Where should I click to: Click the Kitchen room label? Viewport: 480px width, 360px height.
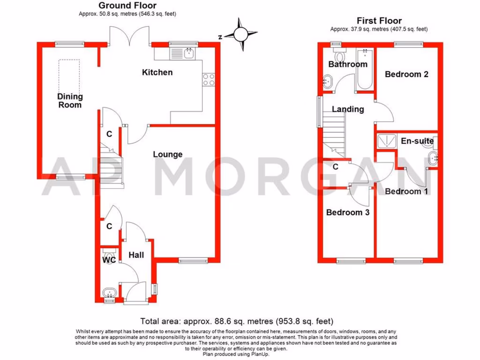[x=157, y=72]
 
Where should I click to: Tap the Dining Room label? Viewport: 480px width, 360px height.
[x=70, y=101]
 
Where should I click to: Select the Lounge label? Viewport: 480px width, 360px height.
[x=167, y=154]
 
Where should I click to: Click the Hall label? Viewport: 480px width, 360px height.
[x=136, y=255]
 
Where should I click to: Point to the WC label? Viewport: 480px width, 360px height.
[x=109, y=260]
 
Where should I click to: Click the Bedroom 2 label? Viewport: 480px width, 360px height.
[x=406, y=74]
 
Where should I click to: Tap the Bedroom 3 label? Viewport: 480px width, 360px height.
[x=348, y=212]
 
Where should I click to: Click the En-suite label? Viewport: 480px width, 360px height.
[x=417, y=141]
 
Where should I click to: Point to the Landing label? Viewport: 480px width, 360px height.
[x=348, y=109]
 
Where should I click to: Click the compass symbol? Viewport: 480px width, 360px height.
[x=240, y=34]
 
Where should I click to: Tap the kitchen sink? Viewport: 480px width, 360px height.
[x=189, y=53]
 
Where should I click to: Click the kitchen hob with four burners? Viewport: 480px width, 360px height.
[x=209, y=80]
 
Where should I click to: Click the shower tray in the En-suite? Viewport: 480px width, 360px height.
[x=386, y=140]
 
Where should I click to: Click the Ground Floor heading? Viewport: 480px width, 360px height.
[x=127, y=6]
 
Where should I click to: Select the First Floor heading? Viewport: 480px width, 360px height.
[x=379, y=21]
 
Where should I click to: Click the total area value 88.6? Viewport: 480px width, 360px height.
[x=212, y=321]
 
